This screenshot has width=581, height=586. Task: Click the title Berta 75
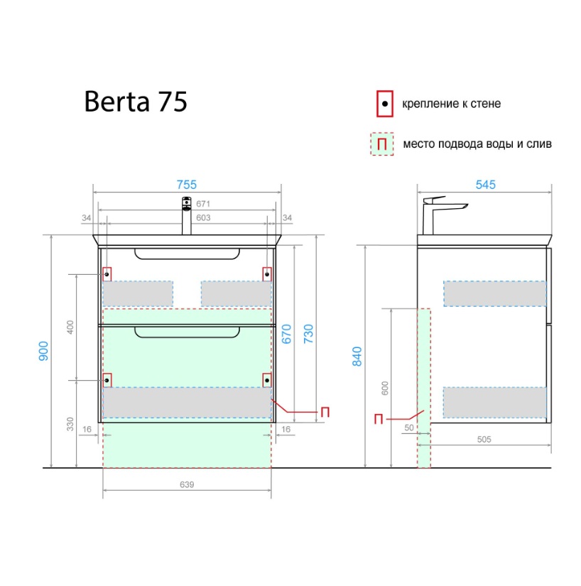click(x=136, y=102)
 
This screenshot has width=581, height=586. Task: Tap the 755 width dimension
click(x=186, y=185)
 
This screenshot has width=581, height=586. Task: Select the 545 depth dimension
click(x=485, y=185)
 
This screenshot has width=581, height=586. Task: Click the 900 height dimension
click(x=44, y=351)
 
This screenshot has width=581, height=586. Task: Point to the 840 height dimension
click(x=357, y=356)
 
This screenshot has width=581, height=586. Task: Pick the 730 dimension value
click(x=308, y=334)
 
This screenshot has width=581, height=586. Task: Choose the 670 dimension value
click(x=286, y=334)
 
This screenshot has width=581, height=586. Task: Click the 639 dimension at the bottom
click(x=187, y=484)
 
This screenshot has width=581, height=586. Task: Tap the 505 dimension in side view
click(x=484, y=440)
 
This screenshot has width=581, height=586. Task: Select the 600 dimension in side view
click(x=385, y=389)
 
